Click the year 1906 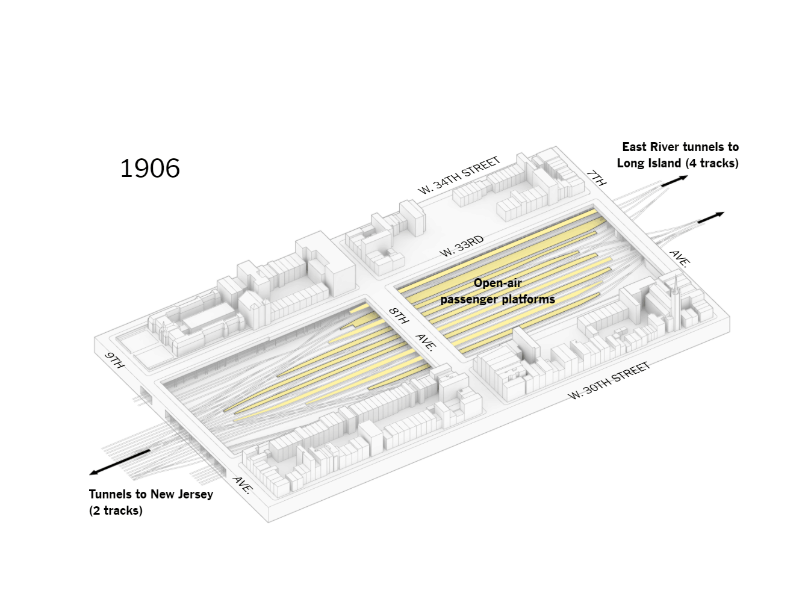click(150, 169)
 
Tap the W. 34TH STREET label click(459, 176)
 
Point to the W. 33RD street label click(462, 246)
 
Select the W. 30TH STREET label click(610, 380)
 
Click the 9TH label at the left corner click(114, 360)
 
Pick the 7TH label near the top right click(596, 178)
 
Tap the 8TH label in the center click(398, 315)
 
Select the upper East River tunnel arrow click(674, 181)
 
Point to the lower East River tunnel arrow click(710, 217)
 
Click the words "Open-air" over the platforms click(497, 283)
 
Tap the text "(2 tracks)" click(116, 510)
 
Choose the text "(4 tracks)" click(712, 163)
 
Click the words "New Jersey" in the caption click(181, 494)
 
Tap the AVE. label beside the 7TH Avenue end click(680, 258)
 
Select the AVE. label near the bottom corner click(242, 485)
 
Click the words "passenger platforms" click(497, 299)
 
